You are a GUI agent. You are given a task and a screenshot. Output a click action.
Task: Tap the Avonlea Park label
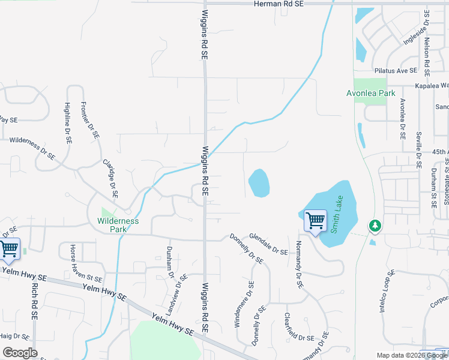371,94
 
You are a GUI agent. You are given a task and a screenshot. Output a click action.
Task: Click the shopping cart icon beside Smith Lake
315,221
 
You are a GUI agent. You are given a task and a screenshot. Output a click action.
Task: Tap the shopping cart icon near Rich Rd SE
9,248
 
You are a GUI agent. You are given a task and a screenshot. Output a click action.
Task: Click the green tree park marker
375,226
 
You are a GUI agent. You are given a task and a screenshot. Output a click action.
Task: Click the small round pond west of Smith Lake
259,183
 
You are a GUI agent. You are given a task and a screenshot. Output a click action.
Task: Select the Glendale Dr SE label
268,244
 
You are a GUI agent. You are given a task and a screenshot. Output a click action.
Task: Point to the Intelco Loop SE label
387,291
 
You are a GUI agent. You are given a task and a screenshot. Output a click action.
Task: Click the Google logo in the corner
20,352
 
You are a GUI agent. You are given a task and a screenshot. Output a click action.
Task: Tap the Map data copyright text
412,355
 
